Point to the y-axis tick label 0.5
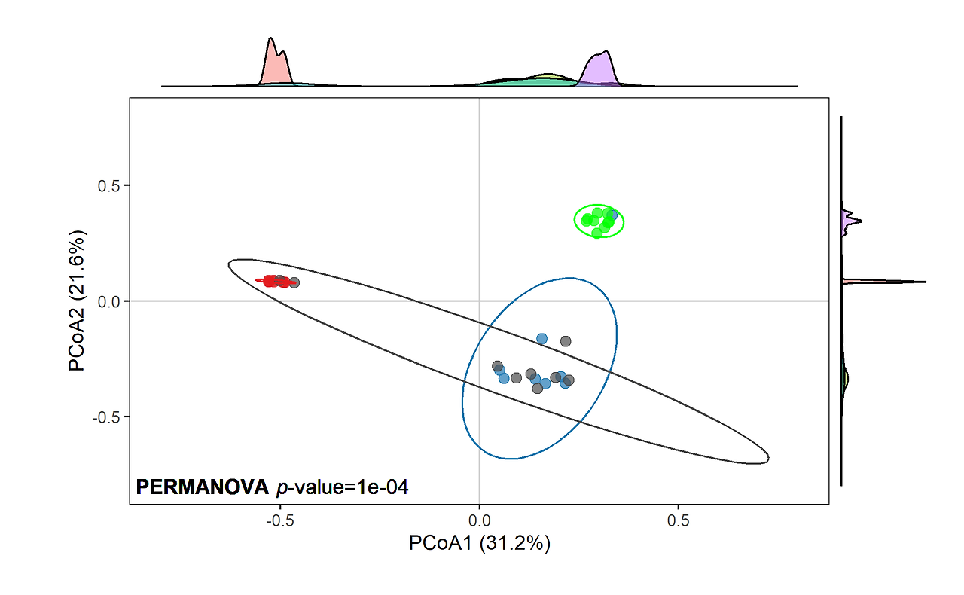point(109,186)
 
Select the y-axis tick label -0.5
point(107,416)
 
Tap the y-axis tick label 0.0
point(109,301)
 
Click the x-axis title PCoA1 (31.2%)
point(479,543)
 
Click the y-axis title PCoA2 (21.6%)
point(78,301)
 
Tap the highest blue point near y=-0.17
point(541,339)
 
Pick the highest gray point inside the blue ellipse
point(566,341)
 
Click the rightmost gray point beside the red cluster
point(294,282)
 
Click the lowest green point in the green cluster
point(596,233)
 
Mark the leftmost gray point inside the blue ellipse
point(497,366)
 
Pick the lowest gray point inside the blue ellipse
point(537,388)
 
